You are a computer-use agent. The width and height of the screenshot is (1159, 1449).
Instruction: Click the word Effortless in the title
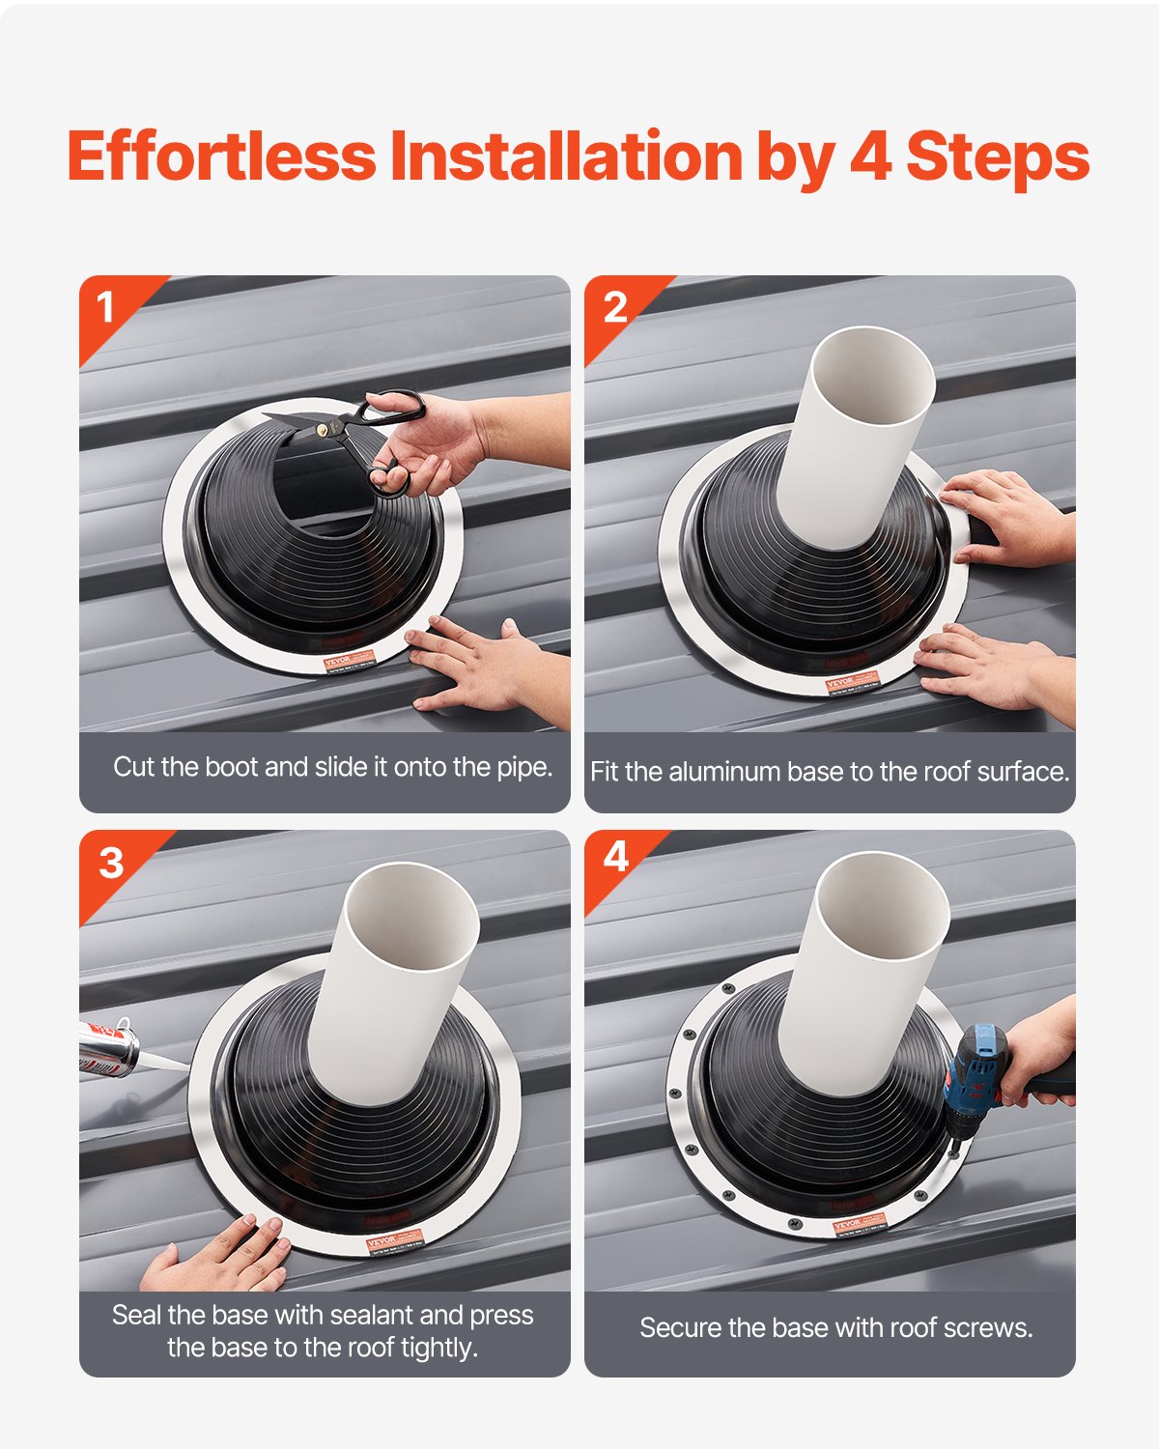[221, 156]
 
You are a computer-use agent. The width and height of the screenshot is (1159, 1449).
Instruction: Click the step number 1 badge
[105, 308]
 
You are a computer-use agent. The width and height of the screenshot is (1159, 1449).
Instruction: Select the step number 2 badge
[614, 308]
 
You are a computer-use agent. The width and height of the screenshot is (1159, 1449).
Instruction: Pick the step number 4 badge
[615, 857]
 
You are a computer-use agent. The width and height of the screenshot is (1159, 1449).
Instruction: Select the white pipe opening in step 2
[872, 377]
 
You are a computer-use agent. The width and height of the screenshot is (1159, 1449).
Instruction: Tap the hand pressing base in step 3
[222, 1256]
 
